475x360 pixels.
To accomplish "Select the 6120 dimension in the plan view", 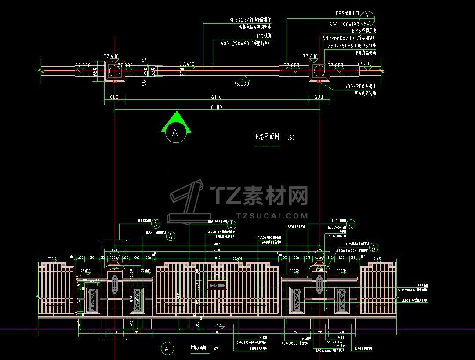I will pyautogui.click(x=216, y=97).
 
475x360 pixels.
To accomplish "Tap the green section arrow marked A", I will pyautogui.click(x=176, y=123).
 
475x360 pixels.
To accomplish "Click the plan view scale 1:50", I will pyautogui.click(x=290, y=138).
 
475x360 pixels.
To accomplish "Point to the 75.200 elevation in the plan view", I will pyautogui.click(x=241, y=84).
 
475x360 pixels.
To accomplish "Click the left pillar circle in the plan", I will pyautogui.click(x=114, y=71).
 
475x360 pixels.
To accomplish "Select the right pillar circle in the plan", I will pyautogui.click(x=319, y=71).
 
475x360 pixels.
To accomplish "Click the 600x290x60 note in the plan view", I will pyautogui.click(x=241, y=44).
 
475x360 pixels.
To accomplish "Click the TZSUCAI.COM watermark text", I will pyautogui.click(x=272, y=215).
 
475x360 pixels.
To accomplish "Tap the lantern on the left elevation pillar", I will pyautogui.click(x=115, y=283).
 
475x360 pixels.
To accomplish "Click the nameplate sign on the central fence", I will pyautogui.click(x=217, y=285).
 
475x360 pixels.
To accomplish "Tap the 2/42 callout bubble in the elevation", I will pyautogui.click(x=157, y=223).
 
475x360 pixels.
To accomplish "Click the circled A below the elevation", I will pyautogui.click(x=166, y=349).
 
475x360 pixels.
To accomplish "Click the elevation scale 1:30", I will pyautogui.click(x=215, y=348).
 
